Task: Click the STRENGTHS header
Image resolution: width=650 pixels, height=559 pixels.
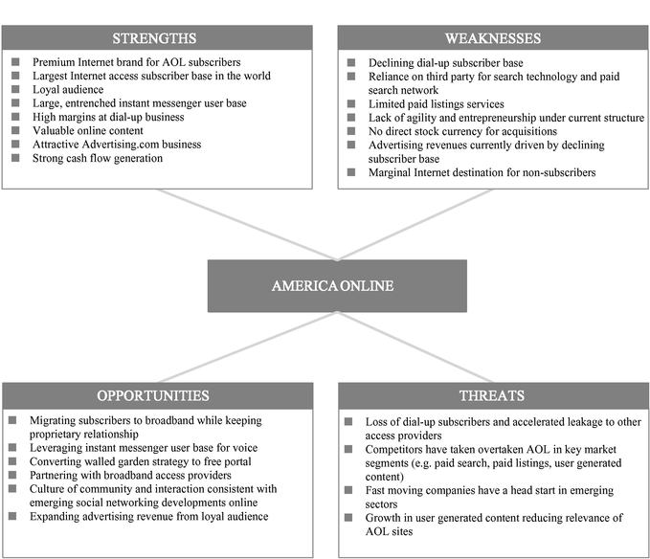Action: (155, 38)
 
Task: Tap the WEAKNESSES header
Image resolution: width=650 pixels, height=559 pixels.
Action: (492, 38)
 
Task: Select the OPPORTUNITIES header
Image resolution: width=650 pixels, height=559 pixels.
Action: (155, 395)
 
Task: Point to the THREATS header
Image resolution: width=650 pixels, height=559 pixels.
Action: (492, 395)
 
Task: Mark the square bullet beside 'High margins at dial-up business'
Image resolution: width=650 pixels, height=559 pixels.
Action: (15, 118)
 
